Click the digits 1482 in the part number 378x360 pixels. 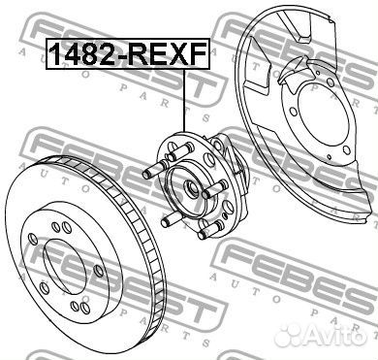pos(85,54)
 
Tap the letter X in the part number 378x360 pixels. pos(179,54)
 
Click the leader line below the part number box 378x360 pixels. pos(185,100)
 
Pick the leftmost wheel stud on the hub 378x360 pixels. pos(154,170)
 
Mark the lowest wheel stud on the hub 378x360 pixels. pos(211,229)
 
